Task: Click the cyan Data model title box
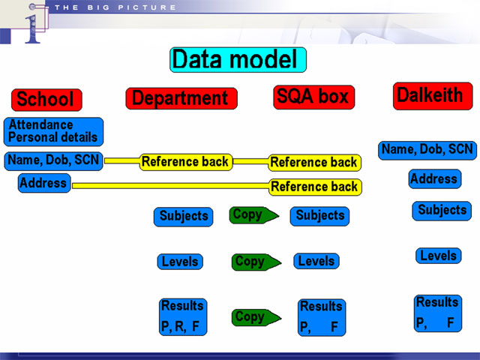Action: point(238,60)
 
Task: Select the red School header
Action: point(46,100)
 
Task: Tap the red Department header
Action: point(181,98)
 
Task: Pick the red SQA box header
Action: point(313,97)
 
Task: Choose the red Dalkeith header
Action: point(433,96)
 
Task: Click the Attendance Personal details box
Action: point(53,132)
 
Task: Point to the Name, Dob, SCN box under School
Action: point(53,161)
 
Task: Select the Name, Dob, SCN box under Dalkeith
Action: point(427,151)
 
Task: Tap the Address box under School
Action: point(44,183)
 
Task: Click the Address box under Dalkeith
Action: point(435,178)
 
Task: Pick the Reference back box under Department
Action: point(186,162)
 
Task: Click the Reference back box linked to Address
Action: point(315,187)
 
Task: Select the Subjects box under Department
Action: point(183,217)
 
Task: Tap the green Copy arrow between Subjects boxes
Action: point(254,215)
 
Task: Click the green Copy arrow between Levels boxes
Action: point(256,262)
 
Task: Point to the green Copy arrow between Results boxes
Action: point(256,317)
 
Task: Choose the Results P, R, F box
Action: point(183,316)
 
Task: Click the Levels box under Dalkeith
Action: point(438,256)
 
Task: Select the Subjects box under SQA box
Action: point(319,216)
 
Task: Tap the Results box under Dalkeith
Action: point(438,313)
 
